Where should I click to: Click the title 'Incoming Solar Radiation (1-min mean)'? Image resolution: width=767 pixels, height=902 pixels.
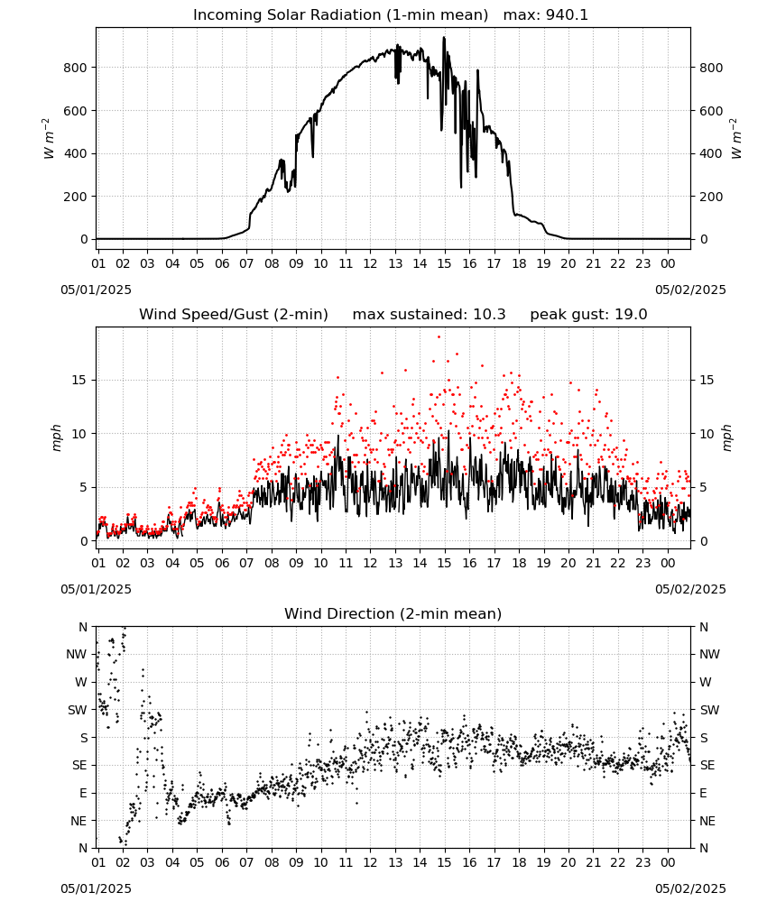340,15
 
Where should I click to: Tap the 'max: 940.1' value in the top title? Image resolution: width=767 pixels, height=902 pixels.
546,15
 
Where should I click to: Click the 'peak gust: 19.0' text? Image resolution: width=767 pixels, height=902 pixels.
588,315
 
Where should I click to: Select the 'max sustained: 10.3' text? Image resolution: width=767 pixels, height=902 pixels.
430,315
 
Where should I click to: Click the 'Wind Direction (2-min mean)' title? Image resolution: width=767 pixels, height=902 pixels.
393,613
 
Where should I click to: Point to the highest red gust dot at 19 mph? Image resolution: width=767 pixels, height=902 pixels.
439,337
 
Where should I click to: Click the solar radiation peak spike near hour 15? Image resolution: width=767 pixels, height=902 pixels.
444,38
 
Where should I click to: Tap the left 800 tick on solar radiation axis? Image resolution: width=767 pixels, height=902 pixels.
76,68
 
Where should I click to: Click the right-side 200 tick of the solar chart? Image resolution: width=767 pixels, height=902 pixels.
711,197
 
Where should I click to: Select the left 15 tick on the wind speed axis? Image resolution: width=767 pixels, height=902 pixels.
79,381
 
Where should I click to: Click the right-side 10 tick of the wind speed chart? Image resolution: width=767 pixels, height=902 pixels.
707,434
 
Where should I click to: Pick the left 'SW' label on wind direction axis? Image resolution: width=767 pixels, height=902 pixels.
78,710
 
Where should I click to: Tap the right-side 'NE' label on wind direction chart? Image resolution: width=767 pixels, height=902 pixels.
707,821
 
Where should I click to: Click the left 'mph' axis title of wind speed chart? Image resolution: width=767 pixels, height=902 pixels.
56,437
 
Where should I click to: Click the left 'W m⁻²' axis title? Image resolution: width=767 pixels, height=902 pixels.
49,139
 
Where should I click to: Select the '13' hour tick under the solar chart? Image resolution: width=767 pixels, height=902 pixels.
395,263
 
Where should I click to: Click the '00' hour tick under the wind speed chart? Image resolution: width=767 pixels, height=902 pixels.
668,563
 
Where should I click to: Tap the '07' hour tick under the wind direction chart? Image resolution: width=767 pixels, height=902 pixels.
246,862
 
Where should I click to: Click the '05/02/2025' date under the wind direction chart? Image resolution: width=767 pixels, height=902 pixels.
690,888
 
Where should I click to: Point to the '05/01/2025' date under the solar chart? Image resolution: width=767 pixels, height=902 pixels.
96,290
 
